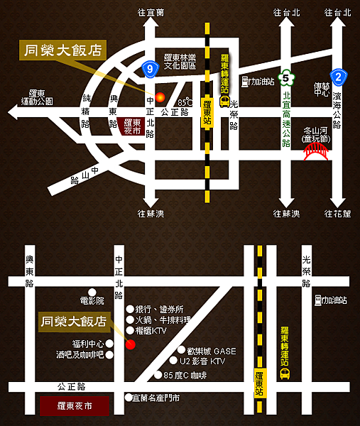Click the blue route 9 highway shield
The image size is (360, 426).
pyautogui.click(x=148, y=69)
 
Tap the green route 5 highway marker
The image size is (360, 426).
pyautogui.click(x=286, y=76)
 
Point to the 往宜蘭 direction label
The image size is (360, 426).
pyautogui.click(x=152, y=12)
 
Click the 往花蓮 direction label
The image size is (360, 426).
pyautogui.click(x=337, y=214)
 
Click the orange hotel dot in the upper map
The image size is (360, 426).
pyautogui.click(x=160, y=97)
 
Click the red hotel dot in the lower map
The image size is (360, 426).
pyautogui.click(x=130, y=345)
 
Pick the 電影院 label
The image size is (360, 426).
pyautogui.click(x=92, y=301)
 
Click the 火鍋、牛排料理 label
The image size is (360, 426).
pyautogui.click(x=165, y=320)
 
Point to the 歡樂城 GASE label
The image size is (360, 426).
pyautogui.click(x=211, y=351)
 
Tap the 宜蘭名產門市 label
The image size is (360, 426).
pyautogui.click(x=156, y=398)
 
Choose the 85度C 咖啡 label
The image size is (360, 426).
pyautogui.click(x=185, y=375)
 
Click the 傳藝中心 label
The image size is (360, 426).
pyautogui.click(x=321, y=89)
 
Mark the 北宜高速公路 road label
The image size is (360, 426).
pyautogui.click(x=287, y=118)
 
